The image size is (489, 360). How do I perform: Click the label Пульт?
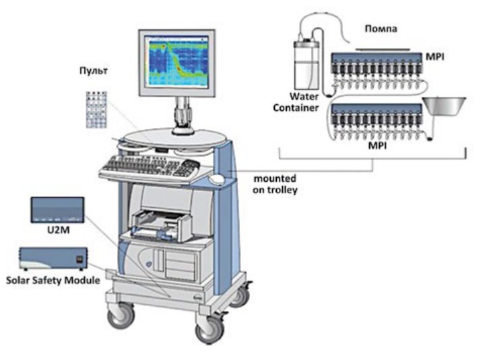pos(94,71)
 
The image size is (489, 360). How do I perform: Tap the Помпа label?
pos(381,29)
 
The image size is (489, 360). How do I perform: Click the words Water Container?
pos(296,102)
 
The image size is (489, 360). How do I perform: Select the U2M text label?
pos(59,230)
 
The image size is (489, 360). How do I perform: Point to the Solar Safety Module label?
pos(53,280)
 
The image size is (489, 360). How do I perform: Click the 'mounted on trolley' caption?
pos(275,184)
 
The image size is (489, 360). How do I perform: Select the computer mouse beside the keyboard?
pos(216,179)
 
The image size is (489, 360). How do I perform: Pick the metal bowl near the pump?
pos(444,106)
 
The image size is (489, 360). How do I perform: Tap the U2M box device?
pos(57,210)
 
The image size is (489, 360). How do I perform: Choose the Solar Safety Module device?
pos(53,258)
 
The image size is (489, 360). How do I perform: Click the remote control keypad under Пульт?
pos(97,110)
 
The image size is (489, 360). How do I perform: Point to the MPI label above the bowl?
pos(434,57)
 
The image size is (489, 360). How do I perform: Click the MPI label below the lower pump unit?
pos(377,145)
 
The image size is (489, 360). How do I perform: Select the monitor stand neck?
pos(182,113)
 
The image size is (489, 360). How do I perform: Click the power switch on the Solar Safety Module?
pos(80,259)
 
